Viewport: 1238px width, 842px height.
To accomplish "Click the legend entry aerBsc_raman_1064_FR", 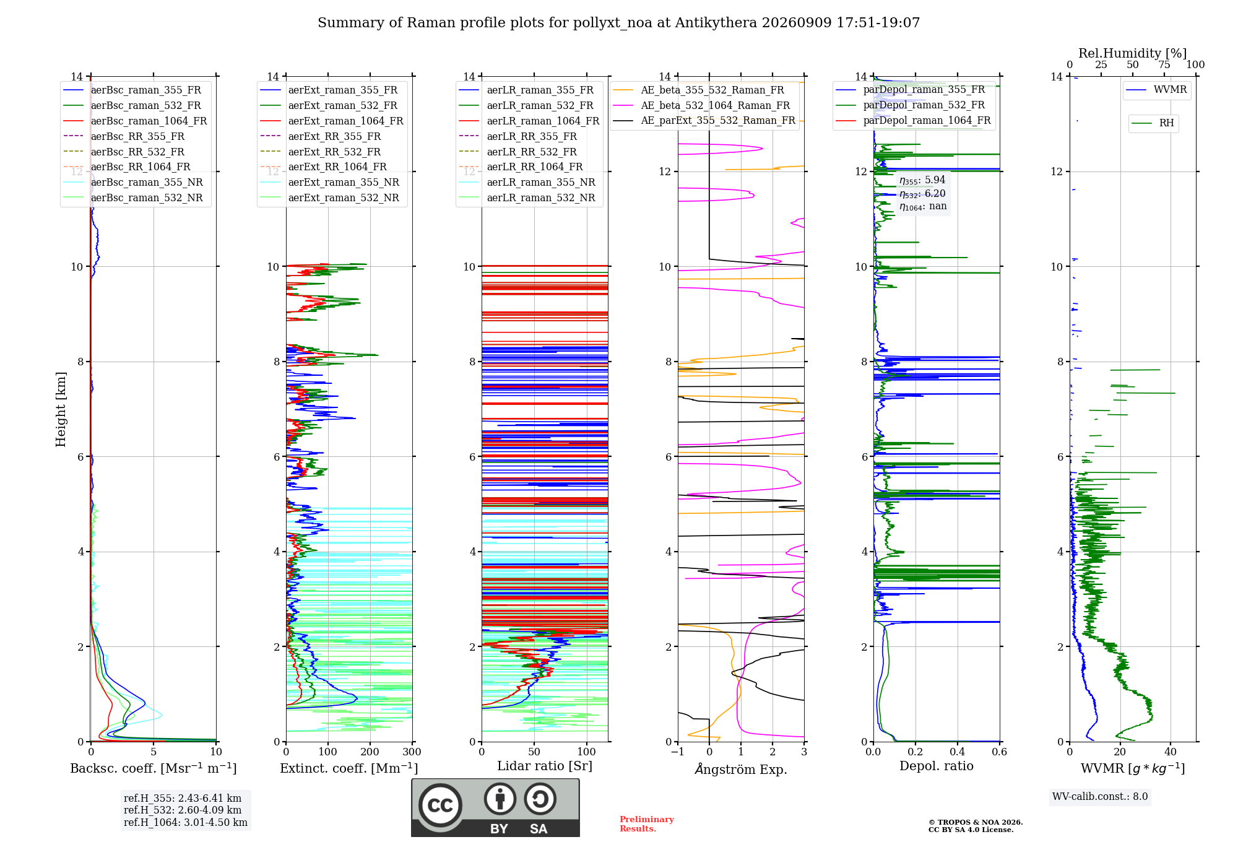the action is coord(135,121).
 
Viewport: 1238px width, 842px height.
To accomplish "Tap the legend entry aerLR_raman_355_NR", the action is coord(527,183).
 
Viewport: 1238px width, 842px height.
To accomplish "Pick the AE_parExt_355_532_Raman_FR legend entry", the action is coord(704,121).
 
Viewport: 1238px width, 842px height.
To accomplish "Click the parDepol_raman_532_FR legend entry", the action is coord(910,105).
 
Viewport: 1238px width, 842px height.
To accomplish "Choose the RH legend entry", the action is coord(1153,123).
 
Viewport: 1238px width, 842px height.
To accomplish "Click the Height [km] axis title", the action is coord(61,409).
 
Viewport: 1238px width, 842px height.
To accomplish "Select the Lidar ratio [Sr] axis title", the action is coord(545,766).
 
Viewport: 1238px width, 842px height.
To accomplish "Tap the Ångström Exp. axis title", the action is coord(741,769).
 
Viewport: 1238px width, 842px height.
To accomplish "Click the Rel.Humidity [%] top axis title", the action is coord(1133,53).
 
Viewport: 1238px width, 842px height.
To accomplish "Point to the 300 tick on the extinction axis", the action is coord(412,752).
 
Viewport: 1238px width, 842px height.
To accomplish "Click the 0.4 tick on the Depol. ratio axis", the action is coord(958,752).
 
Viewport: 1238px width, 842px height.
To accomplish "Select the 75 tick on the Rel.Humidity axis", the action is coord(1164,65).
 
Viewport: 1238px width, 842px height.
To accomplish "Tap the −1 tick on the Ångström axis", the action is coord(677,752).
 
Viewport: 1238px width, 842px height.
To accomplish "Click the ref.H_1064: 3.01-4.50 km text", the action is coord(186,822).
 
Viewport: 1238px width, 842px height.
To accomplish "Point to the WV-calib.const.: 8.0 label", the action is coord(1100,797).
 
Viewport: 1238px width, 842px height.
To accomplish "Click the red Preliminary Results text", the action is coord(647,824).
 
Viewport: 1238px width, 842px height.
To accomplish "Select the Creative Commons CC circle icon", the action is coord(440,805).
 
